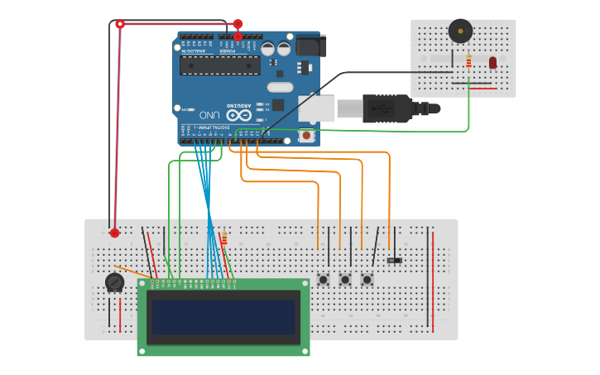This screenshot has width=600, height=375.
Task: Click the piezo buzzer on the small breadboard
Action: coord(460,31)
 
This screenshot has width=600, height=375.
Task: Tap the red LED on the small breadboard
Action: coord(492,62)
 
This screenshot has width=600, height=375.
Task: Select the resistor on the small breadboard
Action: coord(468,61)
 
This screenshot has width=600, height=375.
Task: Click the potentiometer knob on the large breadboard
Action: coord(114,283)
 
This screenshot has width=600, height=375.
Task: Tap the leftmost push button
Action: coord(323,280)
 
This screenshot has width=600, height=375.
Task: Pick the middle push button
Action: coord(345,280)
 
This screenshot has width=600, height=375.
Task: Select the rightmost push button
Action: coord(367,280)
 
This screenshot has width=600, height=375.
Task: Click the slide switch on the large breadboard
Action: coord(395,261)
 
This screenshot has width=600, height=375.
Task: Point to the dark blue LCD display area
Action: coord(223,316)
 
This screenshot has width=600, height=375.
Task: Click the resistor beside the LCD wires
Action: coord(223,238)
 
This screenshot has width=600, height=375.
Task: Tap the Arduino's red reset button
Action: coord(307,135)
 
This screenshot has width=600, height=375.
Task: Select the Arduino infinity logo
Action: coord(238,115)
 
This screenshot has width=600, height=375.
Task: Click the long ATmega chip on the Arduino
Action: coord(220,65)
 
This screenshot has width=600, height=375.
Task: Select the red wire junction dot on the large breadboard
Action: coord(114,233)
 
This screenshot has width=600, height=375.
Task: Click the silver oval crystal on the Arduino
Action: coord(281,87)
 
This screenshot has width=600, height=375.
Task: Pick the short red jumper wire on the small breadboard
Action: coord(482,88)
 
